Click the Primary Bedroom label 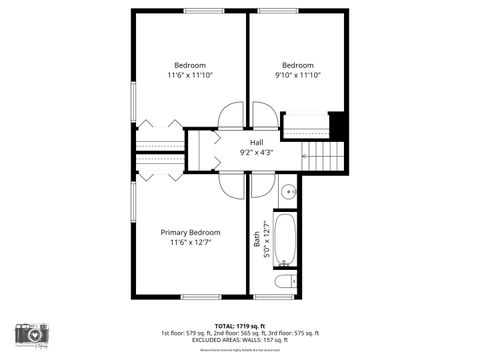click(189, 232)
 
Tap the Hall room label click(256, 142)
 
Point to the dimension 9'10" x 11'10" click(297, 75)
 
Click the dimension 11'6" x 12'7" click(189, 243)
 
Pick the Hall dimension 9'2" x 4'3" click(256, 153)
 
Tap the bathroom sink click(287, 190)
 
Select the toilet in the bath click(286, 281)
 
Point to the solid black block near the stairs click(337, 127)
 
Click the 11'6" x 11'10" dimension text click(189, 75)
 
